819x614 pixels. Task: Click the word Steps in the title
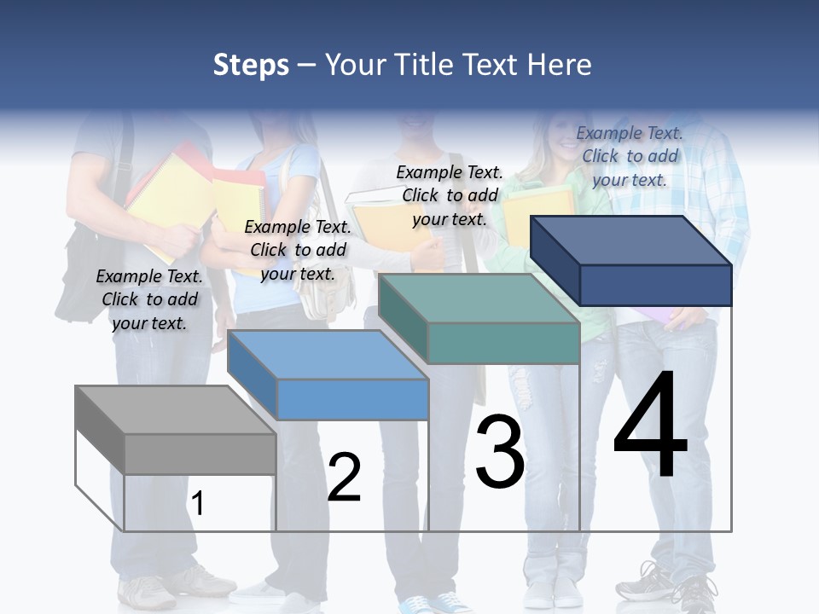(x=250, y=65)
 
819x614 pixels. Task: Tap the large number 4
(x=650, y=426)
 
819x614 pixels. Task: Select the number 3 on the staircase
(x=500, y=452)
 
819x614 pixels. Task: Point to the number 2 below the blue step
(x=344, y=478)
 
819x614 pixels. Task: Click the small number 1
(x=197, y=503)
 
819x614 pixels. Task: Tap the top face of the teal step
(x=478, y=298)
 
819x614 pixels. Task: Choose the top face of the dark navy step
(x=631, y=240)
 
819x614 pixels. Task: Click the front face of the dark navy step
(x=655, y=285)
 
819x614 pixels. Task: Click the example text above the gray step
(x=149, y=299)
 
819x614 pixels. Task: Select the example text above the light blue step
(x=298, y=250)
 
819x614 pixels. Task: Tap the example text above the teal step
(x=450, y=195)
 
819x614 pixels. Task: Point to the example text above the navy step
(x=630, y=156)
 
